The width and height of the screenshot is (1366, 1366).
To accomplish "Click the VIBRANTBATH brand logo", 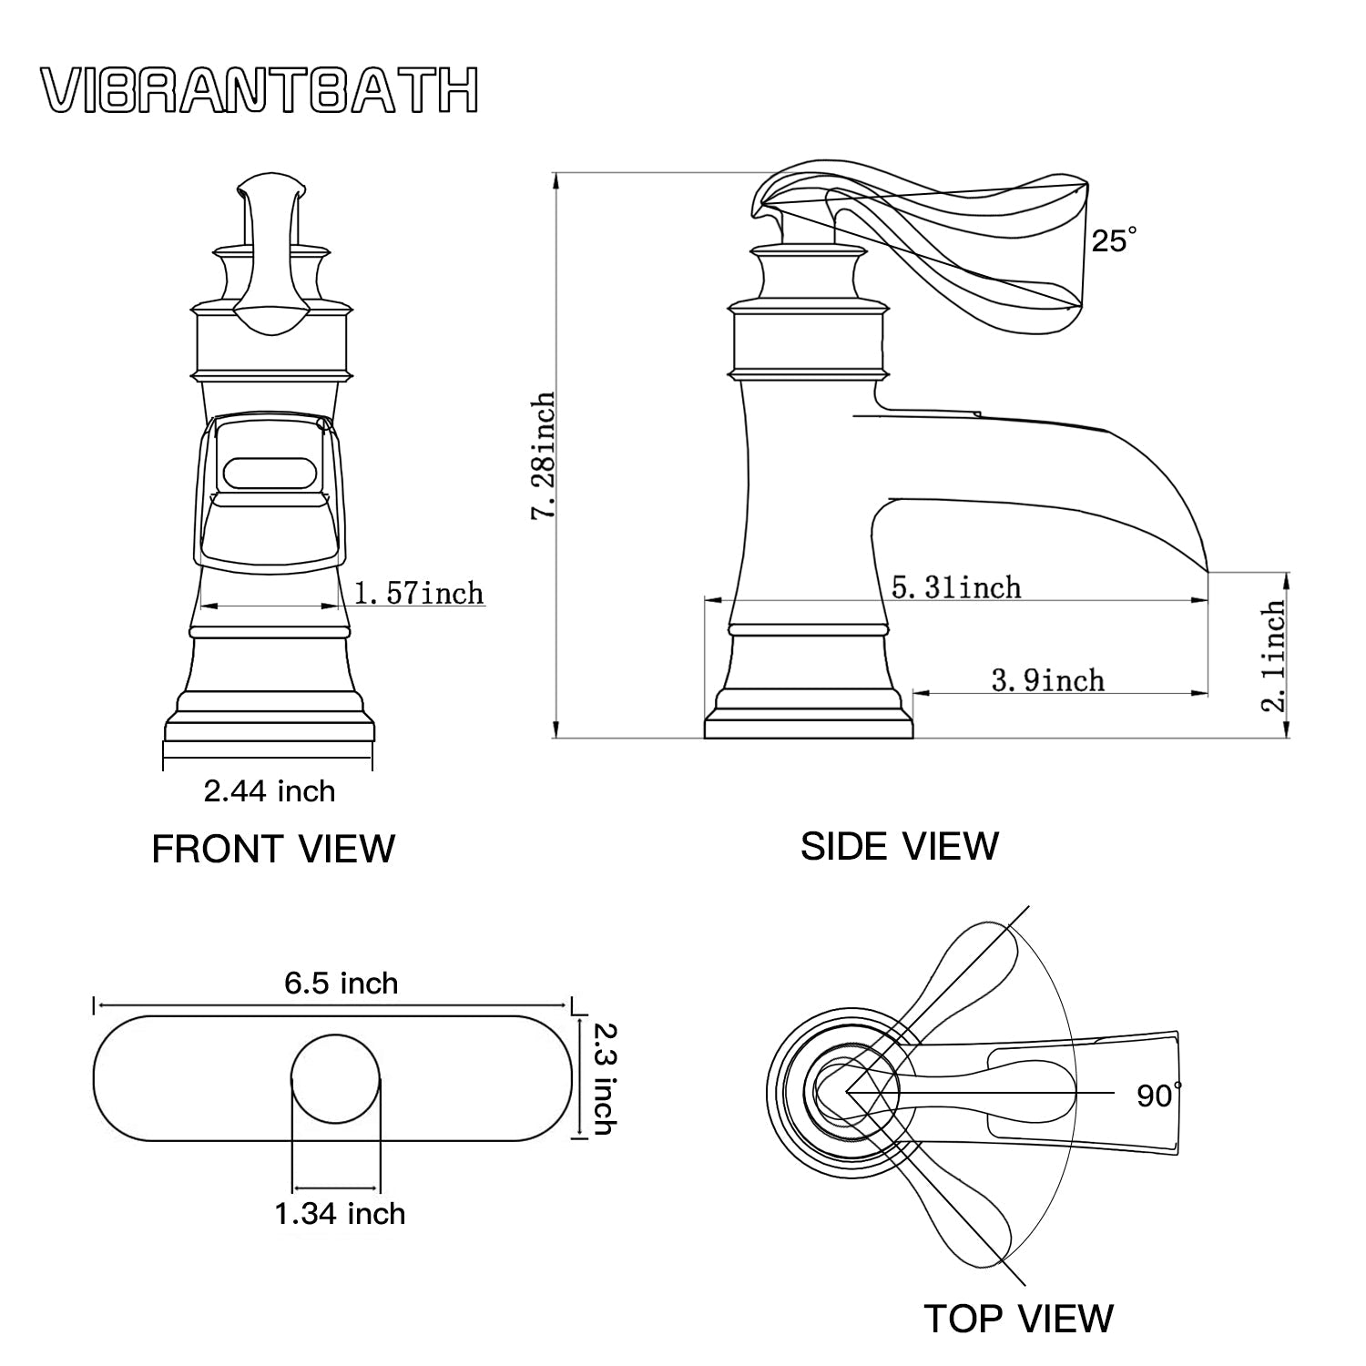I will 260,91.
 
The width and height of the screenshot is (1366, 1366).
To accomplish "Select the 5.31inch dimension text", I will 956,587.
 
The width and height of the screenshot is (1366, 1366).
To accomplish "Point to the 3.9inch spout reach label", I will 1047,679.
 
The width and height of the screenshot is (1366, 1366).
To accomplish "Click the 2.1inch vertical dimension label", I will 1275,655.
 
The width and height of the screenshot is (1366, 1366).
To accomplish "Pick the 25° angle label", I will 1114,240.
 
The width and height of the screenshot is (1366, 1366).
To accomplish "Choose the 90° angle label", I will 1158,1095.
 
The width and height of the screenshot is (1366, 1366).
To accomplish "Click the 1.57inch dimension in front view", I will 418,594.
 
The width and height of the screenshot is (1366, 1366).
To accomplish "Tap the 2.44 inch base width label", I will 270,790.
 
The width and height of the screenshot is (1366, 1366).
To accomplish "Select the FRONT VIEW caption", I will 273,849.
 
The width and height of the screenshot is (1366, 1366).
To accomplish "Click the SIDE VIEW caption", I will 900,846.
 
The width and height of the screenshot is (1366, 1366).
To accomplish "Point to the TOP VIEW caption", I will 1018,1318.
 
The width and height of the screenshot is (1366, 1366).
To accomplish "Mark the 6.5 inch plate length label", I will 341,984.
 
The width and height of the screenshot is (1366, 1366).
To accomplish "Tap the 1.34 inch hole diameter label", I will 341,1214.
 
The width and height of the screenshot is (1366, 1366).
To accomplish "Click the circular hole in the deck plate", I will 335,1077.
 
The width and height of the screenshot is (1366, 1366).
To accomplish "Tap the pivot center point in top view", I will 848,1090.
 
